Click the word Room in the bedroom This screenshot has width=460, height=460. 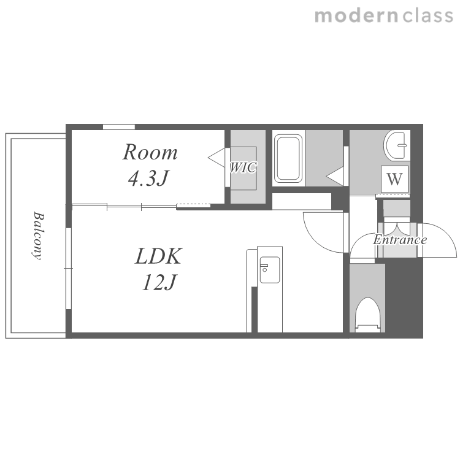coord(150,152)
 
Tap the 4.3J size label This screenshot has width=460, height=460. coord(149,178)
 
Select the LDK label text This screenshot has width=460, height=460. coord(159,256)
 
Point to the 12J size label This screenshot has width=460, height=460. coord(159,282)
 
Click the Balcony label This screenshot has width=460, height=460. coord(38,236)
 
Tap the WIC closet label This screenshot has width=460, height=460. coord(243,167)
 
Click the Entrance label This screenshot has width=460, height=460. coord(400,240)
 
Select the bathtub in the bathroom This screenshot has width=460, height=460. coord(288,158)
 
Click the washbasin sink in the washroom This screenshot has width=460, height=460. coord(396,145)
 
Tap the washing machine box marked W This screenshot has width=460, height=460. coord(394,179)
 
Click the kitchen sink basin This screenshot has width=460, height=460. coord(270,270)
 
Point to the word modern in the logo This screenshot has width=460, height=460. coord(356,16)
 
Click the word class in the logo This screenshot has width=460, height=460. coord(427,16)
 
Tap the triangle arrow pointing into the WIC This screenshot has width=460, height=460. coord(217,158)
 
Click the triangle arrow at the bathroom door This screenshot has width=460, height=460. coord(335,177)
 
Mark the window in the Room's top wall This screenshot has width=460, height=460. coord(119,127)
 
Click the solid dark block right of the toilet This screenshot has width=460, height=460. coord(404,297)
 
